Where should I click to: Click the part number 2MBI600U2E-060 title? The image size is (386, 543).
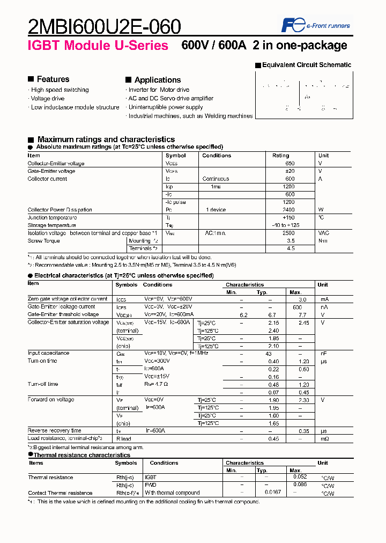pos(105,26)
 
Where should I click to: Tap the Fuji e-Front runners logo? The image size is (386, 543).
pos(316,25)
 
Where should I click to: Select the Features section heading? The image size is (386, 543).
pos(53,79)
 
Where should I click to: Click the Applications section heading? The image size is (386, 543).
pos(157,80)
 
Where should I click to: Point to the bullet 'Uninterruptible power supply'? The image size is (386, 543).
pos(166,107)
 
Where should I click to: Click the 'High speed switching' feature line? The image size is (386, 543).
pos(60,90)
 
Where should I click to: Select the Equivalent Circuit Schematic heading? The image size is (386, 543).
pos(306,65)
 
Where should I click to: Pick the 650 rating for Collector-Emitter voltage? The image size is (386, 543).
pos(290,164)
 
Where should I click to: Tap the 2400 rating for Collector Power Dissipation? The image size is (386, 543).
pos(288,210)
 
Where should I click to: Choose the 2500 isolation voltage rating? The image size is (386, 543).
pos(288,233)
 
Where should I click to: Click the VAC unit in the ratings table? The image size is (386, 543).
pos(324,233)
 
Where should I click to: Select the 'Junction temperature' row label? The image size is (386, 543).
pos(52,218)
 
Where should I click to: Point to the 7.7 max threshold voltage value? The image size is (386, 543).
pos(302,315)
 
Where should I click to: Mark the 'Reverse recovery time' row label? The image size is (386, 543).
pos(55,431)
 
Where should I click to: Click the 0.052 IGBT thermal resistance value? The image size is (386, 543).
pos(301,477)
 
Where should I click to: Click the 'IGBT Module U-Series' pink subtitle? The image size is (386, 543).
pos(98,46)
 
